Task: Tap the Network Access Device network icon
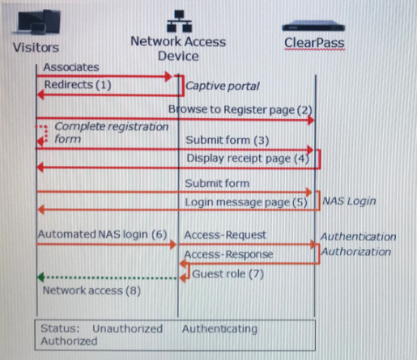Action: (179, 21)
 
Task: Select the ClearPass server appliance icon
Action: (313, 27)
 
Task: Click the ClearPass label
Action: (314, 43)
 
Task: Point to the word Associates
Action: (71, 67)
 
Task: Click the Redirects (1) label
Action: (78, 85)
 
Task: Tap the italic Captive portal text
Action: (223, 87)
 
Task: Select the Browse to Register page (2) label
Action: (240, 110)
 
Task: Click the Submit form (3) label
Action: (228, 141)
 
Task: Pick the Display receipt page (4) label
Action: (248, 159)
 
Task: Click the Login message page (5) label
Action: (246, 202)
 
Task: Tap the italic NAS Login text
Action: (349, 201)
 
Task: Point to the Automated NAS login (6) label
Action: (102, 235)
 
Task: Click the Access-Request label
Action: (225, 235)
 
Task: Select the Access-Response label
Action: (228, 254)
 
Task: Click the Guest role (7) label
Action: (228, 274)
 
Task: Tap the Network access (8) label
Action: (91, 290)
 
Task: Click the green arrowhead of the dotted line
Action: (40, 277)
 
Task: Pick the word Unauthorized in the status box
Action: (127, 328)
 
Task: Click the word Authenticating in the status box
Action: (219, 329)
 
